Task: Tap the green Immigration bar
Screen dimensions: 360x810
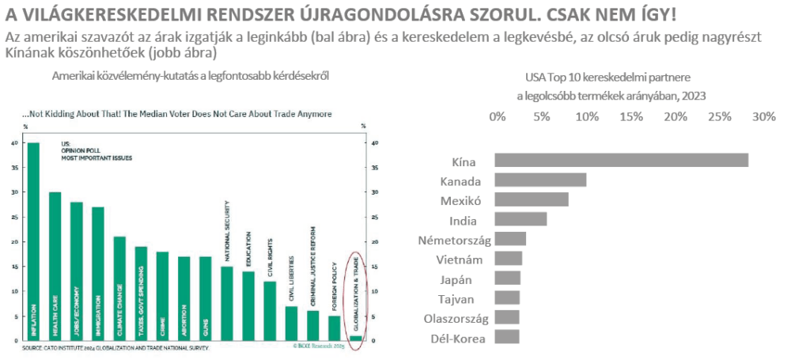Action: (x=98, y=274)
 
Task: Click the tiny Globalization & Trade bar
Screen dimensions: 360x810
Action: (x=357, y=339)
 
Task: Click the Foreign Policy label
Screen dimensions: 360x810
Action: (x=335, y=282)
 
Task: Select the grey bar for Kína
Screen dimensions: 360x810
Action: (x=621, y=161)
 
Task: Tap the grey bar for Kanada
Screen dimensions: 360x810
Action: (x=540, y=180)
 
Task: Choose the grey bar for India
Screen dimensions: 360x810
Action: (x=520, y=219)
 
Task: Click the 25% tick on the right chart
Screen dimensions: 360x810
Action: (x=721, y=116)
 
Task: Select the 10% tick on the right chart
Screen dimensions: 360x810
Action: (x=586, y=116)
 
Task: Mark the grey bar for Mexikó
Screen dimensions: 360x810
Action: (x=532, y=200)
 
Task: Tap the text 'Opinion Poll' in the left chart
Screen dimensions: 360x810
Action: (x=78, y=151)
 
